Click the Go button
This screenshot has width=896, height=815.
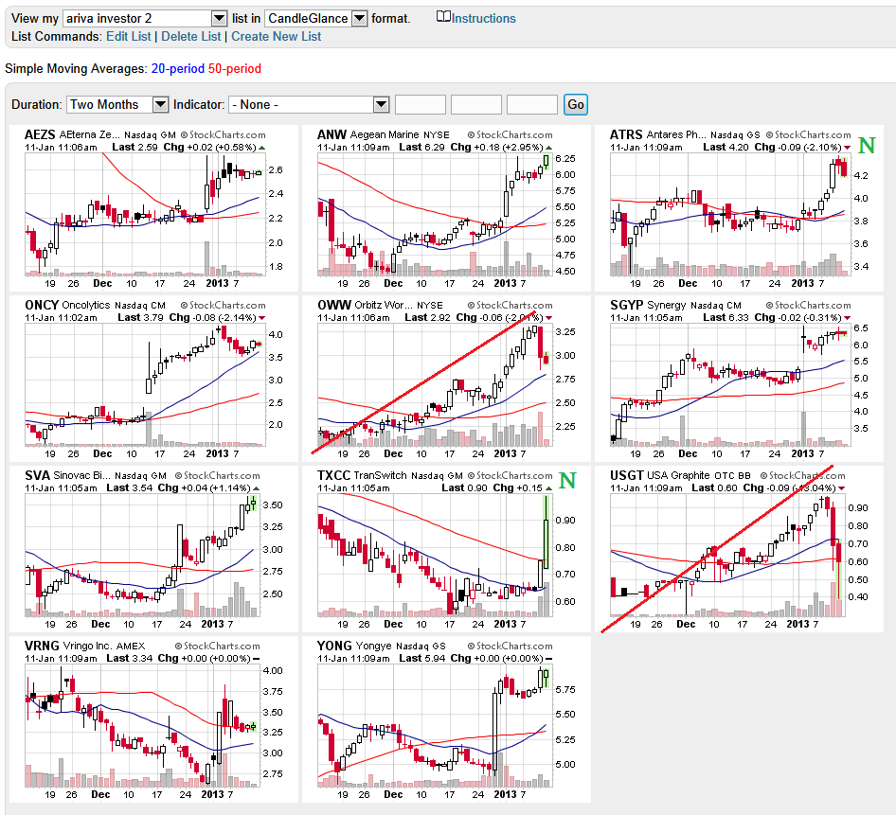[x=575, y=104]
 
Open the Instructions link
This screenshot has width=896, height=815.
[x=483, y=18]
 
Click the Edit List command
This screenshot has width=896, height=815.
[x=128, y=36]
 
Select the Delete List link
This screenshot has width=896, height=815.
[x=190, y=36]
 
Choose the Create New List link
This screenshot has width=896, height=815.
[x=276, y=36]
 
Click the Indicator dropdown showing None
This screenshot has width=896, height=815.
[x=309, y=104]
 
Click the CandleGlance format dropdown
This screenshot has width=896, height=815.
[x=316, y=18]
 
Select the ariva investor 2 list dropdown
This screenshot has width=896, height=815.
[x=145, y=18]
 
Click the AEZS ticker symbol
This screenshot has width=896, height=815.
[x=40, y=134]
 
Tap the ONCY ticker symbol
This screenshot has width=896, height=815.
[x=41, y=305]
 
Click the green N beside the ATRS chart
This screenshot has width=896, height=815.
[x=865, y=145]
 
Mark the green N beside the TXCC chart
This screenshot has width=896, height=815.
[x=567, y=480]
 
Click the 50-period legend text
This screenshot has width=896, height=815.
[x=235, y=68]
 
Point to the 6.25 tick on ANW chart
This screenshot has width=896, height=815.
[x=565, y=159]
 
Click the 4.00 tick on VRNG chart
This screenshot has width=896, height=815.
[x=272, y=670]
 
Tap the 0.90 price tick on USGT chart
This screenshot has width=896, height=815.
[x=858, y=507]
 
